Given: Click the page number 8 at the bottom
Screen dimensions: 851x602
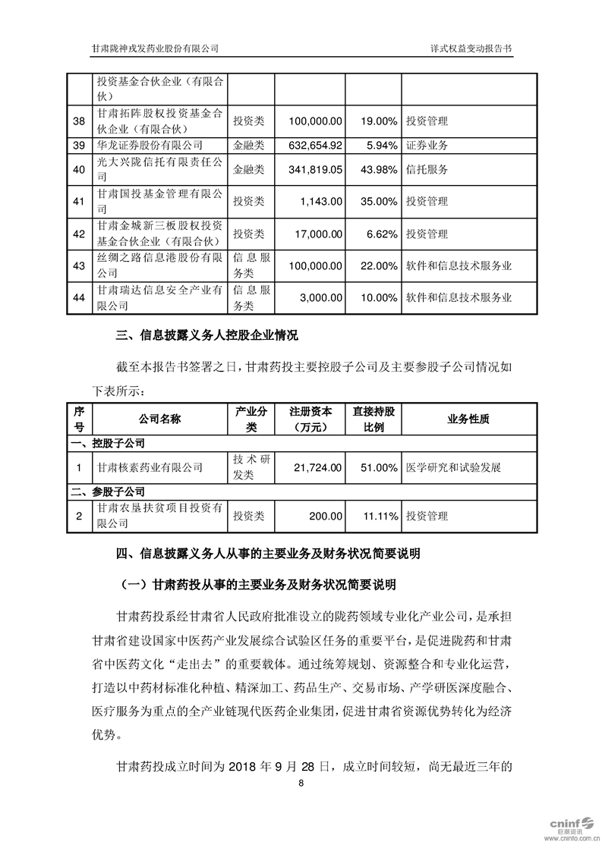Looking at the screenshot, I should pyautogui.click(x=301, y=783).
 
